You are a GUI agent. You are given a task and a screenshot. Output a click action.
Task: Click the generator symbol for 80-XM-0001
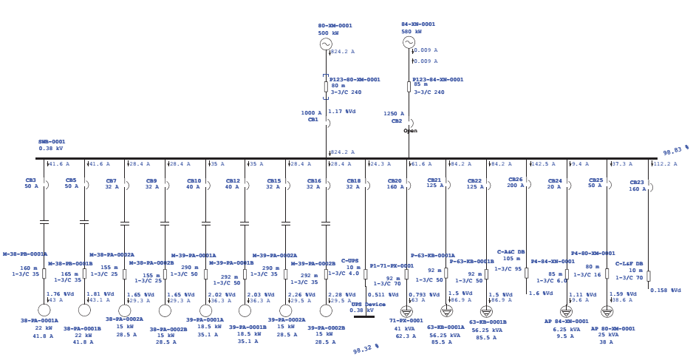(326, 44)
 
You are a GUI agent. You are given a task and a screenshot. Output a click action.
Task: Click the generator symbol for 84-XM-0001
(409, 42)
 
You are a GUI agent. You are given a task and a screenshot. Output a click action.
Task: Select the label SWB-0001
(52, 142)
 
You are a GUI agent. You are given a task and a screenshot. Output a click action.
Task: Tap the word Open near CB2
(410, 131)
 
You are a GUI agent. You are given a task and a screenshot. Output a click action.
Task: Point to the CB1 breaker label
(313, 120)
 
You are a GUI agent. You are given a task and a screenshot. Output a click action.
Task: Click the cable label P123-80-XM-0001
(355, 80)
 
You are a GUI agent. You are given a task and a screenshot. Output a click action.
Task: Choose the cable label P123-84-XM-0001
(438, 80)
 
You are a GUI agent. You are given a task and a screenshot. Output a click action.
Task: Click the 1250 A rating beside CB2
(394, 114)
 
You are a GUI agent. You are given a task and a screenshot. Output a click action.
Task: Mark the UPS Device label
(368, 305)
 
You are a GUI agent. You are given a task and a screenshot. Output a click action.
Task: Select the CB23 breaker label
(637, 183)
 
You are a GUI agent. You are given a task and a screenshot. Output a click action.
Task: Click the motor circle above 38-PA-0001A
(44, 310)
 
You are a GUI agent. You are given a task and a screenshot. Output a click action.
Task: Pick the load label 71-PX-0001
(406, 321)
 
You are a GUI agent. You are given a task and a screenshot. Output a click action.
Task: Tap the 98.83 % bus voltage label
(675, 150)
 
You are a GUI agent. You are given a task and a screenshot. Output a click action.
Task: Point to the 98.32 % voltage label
(366, 347)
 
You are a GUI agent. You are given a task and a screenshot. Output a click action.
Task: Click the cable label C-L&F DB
(629, 264)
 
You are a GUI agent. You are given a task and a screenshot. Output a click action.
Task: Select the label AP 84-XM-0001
(567, 322)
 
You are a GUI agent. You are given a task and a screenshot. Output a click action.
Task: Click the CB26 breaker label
(515, 180)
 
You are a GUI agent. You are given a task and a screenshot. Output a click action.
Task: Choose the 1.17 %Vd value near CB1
(341, 112)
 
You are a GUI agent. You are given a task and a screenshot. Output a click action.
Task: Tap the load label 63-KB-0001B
(488, 322)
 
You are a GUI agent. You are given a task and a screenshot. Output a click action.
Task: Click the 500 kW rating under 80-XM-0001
(329, 33)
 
